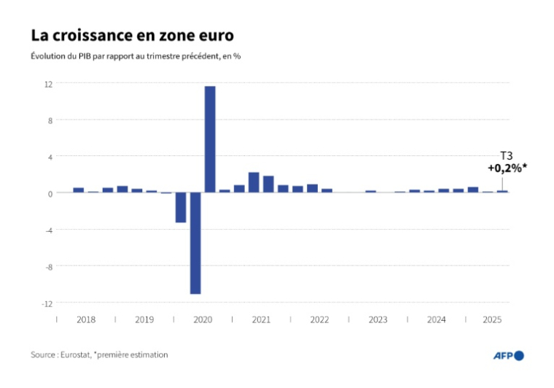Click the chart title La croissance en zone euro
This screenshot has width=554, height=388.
click(132, 35)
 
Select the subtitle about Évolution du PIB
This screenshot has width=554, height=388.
click(136, 56)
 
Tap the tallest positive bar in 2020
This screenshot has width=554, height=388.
click(210, 139)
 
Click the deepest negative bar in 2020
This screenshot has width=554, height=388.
click(195, 243)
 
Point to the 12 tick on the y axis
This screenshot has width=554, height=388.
click(48, 84)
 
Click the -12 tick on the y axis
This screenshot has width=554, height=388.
click(47, 303)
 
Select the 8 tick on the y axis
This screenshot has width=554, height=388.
click(50, 120)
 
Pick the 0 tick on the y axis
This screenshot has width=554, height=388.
click(50, 193)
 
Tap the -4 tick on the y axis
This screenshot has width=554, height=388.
click(48, 230)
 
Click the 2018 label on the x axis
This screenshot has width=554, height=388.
click(86, 319)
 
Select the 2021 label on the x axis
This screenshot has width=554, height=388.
click(261, 319)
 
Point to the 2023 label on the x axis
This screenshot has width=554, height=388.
click(378, 319)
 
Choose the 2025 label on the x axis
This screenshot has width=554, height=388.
click(493, 319)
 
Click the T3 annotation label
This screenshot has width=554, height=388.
click(505, 155)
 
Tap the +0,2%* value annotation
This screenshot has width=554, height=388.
click(507, 168)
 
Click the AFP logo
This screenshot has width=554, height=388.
click(509, 355)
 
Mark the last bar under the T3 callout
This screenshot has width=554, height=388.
click(502, 191)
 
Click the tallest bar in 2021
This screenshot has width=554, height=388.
click(254, 182)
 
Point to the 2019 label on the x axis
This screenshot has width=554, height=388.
click(144, 319)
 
